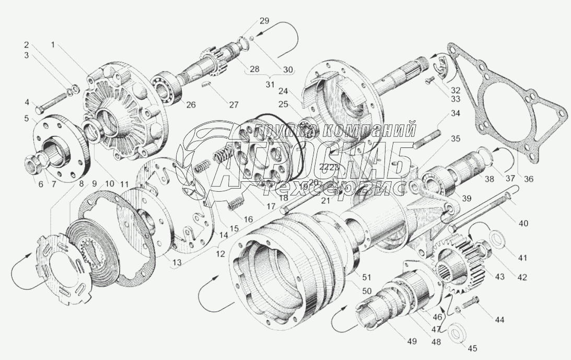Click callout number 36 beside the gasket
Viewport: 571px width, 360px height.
(529, 179)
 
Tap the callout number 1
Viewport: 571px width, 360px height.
(53, 45)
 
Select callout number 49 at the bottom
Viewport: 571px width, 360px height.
(412, 342)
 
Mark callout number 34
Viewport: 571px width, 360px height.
(456, 113)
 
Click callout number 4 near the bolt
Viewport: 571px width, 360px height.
(27, 102)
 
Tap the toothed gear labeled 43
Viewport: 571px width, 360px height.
(460, 261)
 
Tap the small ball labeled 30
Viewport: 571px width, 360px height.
(251, 38)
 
